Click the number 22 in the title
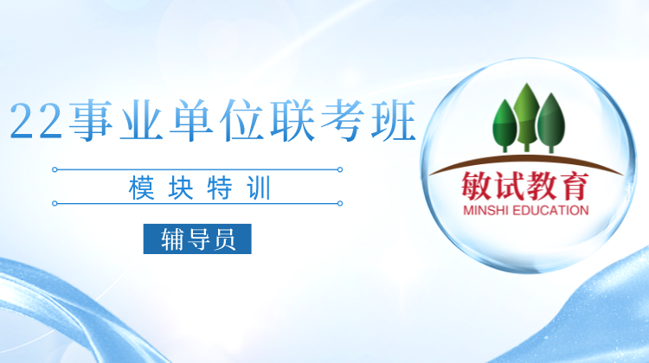click(35, 120)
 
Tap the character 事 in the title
click(91, 120)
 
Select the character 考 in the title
click(342, 120)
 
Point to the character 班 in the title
click(393, 120)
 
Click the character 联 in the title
click(292, 120)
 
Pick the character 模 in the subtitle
click(142, 188)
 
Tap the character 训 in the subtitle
click(259, 188)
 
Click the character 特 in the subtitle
click(220, 188)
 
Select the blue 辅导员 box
click(197, 239)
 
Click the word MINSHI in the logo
click(485, 210)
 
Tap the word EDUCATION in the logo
click(550, 210)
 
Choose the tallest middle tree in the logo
click(526, 117)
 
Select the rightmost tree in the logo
click(551, 123)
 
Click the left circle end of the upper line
click(55, 169)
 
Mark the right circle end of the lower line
click(340, 203)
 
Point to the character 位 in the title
click(241, 120)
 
